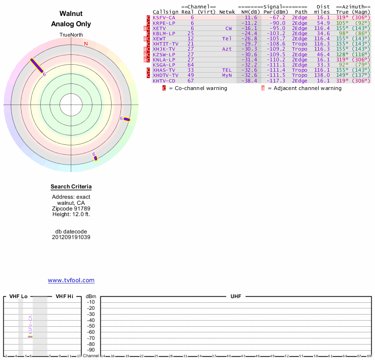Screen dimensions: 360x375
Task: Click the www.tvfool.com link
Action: [x=71, y=280]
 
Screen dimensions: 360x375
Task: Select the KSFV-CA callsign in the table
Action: [x=164, y=17]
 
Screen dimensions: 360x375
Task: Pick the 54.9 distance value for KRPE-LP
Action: [x=323, y=23]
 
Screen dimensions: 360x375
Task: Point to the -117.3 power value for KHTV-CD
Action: [x=277, y=81]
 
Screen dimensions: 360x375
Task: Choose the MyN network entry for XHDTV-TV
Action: [x=227, y=75]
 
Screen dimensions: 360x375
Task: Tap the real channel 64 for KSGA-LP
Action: [x=191, y=65]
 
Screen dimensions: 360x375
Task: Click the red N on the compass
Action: [x=86, y=44]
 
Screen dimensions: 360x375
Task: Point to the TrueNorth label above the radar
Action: [x=71, y=35]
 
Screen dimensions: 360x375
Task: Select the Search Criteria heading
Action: [x=71, y=187]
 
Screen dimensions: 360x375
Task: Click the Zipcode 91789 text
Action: [x=71, y=209]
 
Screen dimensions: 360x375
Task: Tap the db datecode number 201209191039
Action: [x=71, y=237]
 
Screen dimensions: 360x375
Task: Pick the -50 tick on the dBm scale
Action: [x=91, y=326]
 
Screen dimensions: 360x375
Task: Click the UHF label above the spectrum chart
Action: [x=235, y=297]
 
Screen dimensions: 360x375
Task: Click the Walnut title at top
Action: [x=71, y=14]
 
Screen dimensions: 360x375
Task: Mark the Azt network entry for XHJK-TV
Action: [x=227, y=49]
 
